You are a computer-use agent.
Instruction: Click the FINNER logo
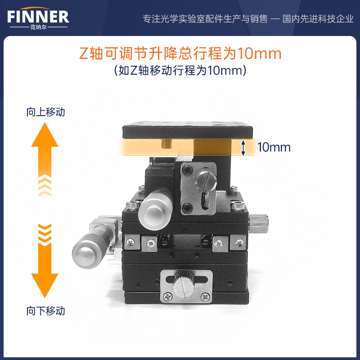click(38, 18)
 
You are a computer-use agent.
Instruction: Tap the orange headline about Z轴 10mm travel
click(180, 53)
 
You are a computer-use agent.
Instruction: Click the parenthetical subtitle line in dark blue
click(180, 70)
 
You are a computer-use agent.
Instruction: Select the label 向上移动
click(46, 112)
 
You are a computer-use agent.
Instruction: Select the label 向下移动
click(46, 311)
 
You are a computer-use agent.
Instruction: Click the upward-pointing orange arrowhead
click(45, 135)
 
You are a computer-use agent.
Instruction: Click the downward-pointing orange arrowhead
click(45, 286)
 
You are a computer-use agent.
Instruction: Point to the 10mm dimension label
click(274, 147)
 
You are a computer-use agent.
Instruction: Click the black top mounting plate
click(187, 130)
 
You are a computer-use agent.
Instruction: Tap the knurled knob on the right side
click(258, 223)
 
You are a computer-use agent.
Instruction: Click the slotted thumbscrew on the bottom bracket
click(184, 284)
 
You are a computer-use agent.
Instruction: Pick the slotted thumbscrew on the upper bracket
click(207, 179)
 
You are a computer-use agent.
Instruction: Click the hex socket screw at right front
click(238, 205)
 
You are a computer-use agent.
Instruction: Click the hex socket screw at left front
click(133, 205)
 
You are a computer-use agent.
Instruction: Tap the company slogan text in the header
click(248, 19)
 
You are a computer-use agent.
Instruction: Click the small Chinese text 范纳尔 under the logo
click(38, 27)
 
